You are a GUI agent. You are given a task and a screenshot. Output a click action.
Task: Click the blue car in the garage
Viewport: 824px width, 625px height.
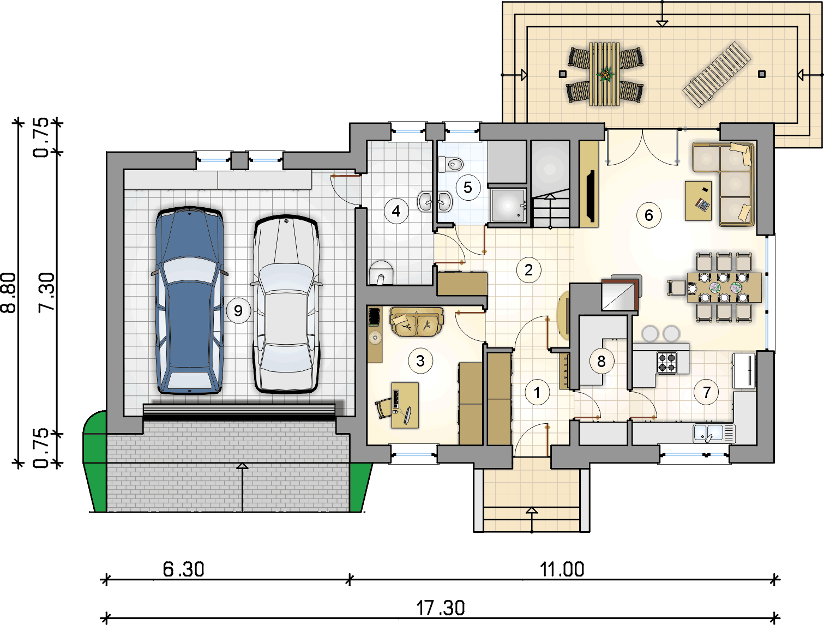[190, 301]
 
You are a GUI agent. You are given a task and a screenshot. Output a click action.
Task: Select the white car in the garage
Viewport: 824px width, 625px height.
[286, 304]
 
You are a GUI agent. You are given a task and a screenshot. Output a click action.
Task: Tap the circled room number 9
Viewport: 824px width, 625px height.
[238, 311]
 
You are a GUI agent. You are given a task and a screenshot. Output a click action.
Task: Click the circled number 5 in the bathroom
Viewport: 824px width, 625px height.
[468, 187]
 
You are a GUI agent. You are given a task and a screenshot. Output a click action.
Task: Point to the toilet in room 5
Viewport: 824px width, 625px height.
[450, 164]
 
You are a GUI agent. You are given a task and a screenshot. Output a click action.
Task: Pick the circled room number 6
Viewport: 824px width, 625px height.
[649, 215]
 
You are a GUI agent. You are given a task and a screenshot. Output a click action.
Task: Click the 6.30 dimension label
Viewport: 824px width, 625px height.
[183, 569]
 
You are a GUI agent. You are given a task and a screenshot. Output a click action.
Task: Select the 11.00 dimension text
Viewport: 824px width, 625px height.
[562, 569]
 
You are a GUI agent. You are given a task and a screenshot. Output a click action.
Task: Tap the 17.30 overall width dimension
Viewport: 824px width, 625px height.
[440, 608]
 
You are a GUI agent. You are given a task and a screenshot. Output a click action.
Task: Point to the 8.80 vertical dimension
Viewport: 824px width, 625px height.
[9, 293]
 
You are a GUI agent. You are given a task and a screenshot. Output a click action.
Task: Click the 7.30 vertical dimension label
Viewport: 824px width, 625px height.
[47, 293]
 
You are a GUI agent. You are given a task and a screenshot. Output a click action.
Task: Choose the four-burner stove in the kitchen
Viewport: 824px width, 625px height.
[667, 363]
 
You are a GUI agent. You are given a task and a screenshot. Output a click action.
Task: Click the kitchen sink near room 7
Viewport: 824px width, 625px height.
[714, 434]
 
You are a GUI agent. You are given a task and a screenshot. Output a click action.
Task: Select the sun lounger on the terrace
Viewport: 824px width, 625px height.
[717, 75]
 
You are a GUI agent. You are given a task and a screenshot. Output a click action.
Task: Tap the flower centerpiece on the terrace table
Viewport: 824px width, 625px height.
[605, 74]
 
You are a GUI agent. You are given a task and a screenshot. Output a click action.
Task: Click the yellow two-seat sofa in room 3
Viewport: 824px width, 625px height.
[417, 321]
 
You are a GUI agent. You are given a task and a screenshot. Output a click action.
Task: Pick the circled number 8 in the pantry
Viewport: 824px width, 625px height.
[602, 362]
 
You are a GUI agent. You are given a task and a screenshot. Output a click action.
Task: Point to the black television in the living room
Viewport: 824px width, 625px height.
[590, 196]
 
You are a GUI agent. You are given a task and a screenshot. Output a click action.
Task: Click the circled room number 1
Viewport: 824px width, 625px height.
[537, 393]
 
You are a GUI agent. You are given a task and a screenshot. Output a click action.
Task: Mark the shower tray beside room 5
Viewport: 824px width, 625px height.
[508, 206]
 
